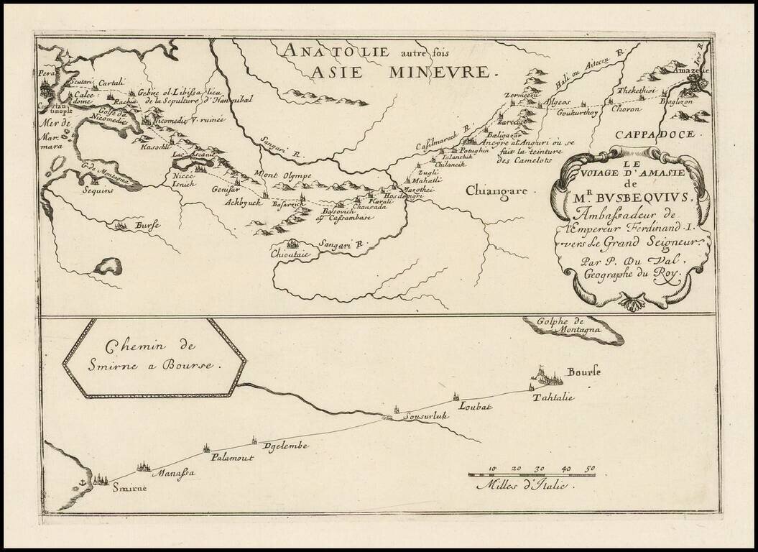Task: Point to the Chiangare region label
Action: coord(496,191)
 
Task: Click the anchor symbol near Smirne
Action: coord(83,479)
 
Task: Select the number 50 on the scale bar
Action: coord(589,469)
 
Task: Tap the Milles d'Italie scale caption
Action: coord(521,486)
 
